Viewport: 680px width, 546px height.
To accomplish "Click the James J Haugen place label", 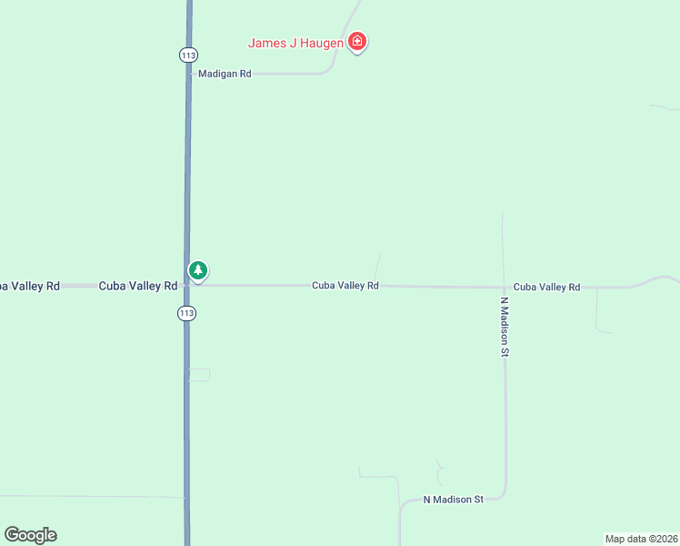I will (296, 43).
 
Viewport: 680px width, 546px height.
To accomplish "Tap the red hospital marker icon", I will (358, 42).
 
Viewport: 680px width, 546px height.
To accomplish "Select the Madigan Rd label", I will (225, 74).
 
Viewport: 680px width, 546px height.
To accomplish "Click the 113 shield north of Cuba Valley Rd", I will (188, 55).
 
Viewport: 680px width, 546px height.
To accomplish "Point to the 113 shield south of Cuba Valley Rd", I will (187, 313).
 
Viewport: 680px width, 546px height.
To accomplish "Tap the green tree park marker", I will (198, 270).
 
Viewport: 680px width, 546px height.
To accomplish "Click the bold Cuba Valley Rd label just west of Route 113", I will (137, 286).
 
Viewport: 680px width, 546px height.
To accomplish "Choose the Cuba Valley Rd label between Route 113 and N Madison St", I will (345, 286).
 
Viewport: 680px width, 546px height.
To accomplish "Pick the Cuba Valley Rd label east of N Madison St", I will (546, 287).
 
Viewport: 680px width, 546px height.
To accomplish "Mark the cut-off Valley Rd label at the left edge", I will (29, 286).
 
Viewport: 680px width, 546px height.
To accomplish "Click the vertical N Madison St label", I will (505, 326).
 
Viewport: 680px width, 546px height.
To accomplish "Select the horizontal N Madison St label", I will (454, 500).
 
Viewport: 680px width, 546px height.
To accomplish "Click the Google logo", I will (30, 535).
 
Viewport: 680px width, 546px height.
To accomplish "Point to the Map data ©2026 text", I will (641, 539).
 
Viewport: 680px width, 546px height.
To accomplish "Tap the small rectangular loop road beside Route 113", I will (199, 374).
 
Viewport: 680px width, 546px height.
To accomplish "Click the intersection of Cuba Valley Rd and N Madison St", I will (503, 287).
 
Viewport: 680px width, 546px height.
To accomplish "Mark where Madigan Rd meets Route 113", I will (189, 74).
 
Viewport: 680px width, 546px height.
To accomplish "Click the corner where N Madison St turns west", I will (505, 497).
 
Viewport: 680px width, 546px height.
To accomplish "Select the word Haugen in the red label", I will (321, 43).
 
